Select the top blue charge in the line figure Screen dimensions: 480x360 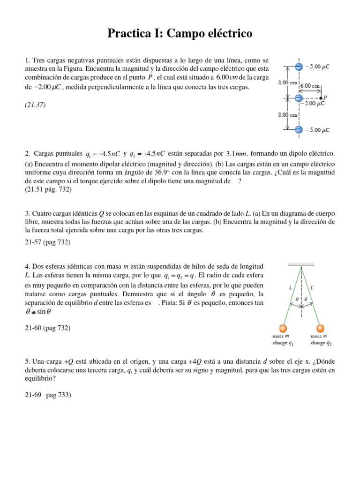click(299, 67)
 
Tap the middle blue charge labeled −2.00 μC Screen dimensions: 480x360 click(299, 98)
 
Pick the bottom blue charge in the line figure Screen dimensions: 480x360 click(299, 129)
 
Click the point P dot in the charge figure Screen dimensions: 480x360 click(321, 98)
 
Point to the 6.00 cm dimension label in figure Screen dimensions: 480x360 click(310, 86)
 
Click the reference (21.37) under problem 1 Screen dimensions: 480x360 click(35, 105)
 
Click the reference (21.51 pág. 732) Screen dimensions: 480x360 click(48, 190)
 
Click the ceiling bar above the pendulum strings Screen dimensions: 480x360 click(301, 266)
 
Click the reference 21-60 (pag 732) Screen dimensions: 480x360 click(47, 328)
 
